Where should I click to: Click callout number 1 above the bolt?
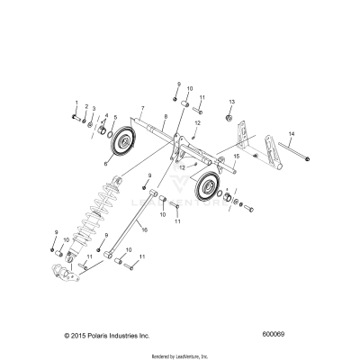[x=76, y=104]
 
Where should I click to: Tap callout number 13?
[x=232, y=102]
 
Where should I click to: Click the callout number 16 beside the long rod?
[x=143, y=231]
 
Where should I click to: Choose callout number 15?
[x=237, y=157]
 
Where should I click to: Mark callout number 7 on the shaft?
[x=142, y=109]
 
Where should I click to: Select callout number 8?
[x=165, y=117]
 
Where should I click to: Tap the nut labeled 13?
[x=231, y=118]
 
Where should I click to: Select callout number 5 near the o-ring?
[x=114, y=117]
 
